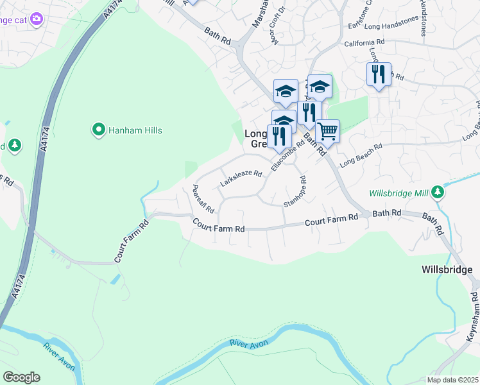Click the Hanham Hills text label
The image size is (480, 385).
pyautogui.click(x=135, y=130)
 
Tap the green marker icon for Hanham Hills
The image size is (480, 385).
pyautogui.click(x=98, y=130)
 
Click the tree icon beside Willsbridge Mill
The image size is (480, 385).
pyautogui.click(x=438, y=192)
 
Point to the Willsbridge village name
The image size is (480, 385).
pyautogui.click(x=447, y=269)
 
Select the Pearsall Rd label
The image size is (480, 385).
pyautogui.click(x=203, y=198)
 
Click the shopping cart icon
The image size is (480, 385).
pyautogui.click(x=328, y=132)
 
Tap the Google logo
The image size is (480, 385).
pyautogui.click(x=21, y=377)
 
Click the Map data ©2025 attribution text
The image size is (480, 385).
pyautogui.click(x=452, y=380)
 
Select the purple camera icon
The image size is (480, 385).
pyautogui.click(x=36, y=19)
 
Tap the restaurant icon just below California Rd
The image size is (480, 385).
pyautogui.click(x=379, y=74)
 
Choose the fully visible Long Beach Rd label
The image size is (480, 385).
pyautogui.click(x=361, y=155)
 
